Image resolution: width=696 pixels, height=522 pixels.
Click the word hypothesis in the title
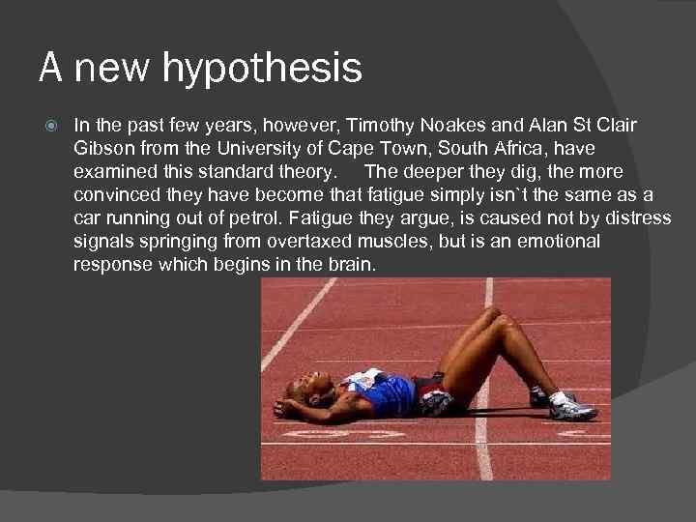tap(262, 69)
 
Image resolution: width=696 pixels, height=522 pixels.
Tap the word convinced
tap(117, 195)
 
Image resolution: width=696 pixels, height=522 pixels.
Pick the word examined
tap(114, 172)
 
